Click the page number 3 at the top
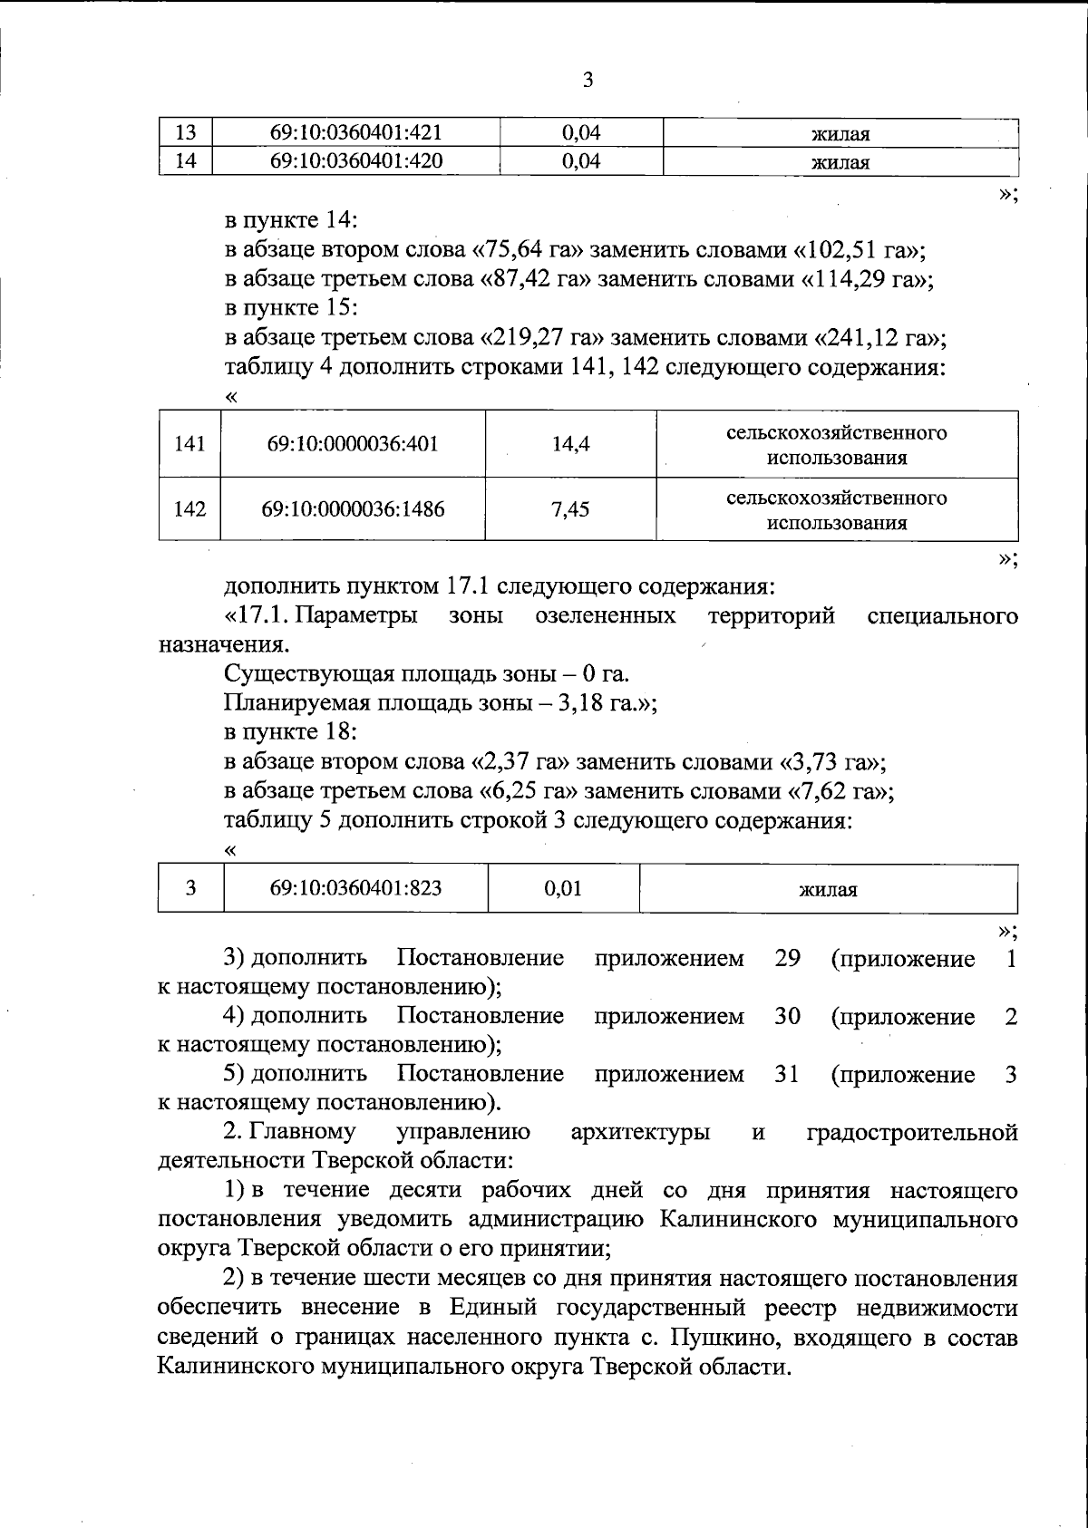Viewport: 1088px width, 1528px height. coord(588,81)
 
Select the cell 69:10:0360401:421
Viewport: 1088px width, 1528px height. coord(355,133)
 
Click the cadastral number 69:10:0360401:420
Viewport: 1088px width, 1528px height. coord(355,162)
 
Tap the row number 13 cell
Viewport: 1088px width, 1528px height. coord(186,133)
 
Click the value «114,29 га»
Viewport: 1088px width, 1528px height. coord(862,279)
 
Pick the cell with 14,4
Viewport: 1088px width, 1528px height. coord(570,444)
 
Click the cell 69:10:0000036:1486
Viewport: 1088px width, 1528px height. coord(353,509)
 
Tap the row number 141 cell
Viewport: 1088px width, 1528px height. coord(189,444)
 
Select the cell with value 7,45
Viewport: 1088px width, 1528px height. coord(570,509)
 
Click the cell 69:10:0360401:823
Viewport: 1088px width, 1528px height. coord(355,888)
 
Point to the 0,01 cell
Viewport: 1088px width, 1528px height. coord(563,888)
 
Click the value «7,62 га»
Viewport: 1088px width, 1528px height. coord(839,791)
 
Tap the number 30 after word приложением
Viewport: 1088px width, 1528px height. coord(787,1017)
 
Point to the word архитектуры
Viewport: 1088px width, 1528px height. coord(640,1132)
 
